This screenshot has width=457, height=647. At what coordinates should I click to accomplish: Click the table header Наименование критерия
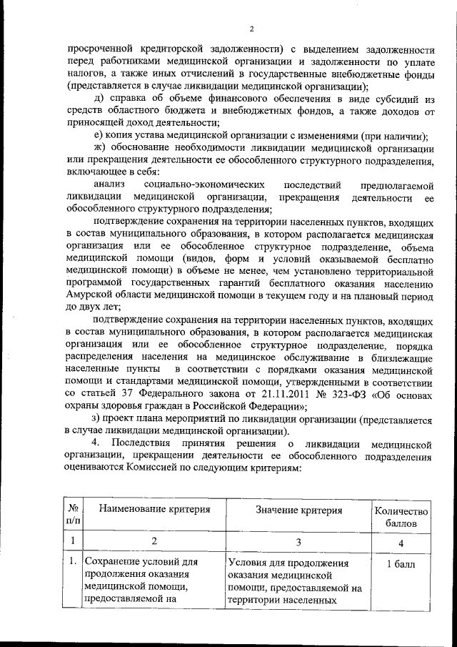tap(154, 510)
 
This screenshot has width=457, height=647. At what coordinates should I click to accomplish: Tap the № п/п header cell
tap(74, 517)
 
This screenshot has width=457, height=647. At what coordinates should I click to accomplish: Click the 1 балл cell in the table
tap(401, 565)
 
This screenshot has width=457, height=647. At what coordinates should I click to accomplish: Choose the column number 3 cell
tap(298, 541)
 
